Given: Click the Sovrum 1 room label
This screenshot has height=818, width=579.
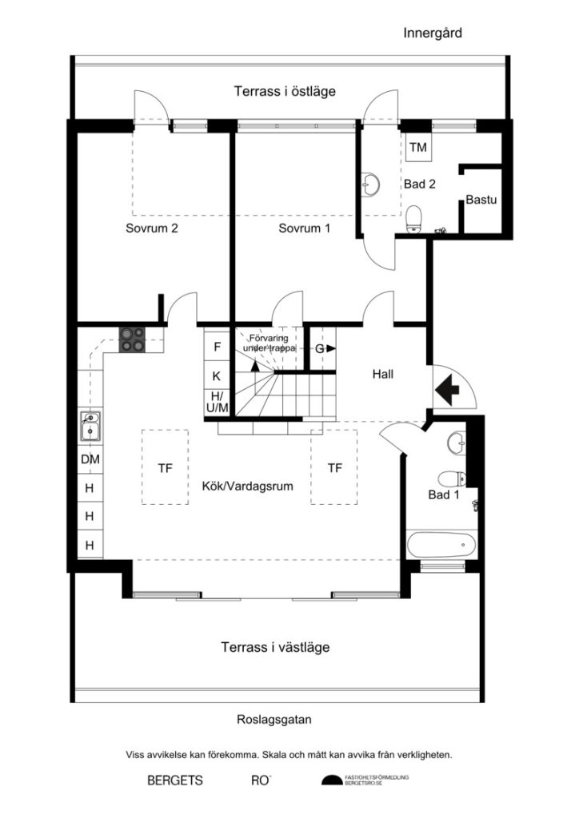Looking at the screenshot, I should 305,228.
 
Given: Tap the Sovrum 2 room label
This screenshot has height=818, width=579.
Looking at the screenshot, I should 151,228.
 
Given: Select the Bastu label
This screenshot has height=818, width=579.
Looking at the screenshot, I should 482,200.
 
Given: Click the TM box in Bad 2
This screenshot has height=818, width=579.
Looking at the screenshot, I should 417,148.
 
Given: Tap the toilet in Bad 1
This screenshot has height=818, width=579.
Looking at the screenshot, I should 453,479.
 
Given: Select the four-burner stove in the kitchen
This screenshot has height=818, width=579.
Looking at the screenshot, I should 132,340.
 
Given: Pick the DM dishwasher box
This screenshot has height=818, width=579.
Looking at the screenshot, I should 90,460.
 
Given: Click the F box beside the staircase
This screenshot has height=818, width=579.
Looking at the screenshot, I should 216,347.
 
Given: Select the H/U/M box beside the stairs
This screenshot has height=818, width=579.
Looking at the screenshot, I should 216,402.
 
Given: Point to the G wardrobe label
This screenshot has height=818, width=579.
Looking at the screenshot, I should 321,348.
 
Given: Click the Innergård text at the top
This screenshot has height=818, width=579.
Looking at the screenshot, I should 433,34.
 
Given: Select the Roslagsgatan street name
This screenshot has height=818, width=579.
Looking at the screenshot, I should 274,719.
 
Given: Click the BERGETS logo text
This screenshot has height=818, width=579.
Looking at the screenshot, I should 175,780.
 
